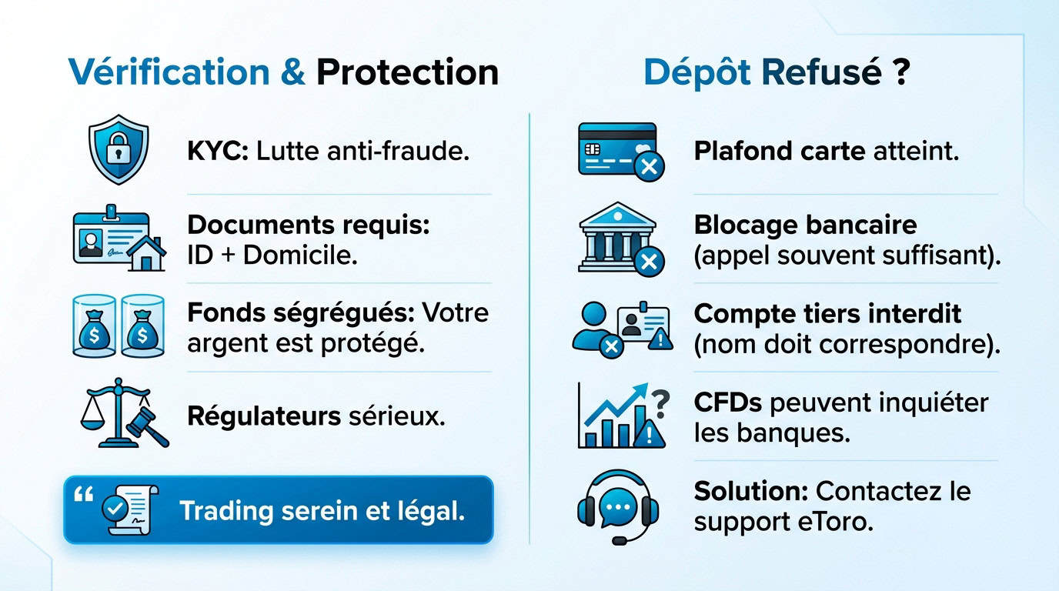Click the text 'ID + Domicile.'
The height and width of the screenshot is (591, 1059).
click(272, 255)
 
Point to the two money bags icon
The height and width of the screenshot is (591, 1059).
click(120, 326)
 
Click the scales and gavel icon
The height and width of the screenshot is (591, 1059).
click(124, 412)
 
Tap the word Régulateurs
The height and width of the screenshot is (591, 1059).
click(264, 416)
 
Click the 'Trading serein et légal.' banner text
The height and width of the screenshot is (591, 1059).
click(322, 511)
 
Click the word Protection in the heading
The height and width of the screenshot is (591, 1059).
click(407, 72)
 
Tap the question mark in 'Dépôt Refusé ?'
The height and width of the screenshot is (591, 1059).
click(902, 72)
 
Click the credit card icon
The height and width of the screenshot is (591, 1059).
click(620, 151)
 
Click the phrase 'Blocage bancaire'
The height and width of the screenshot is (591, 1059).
click(805, 225)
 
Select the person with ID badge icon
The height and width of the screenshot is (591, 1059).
click(620, 326)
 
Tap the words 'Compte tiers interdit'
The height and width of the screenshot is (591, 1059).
click(827, 314)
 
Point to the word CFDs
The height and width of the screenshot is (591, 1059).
click(728, 402)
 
